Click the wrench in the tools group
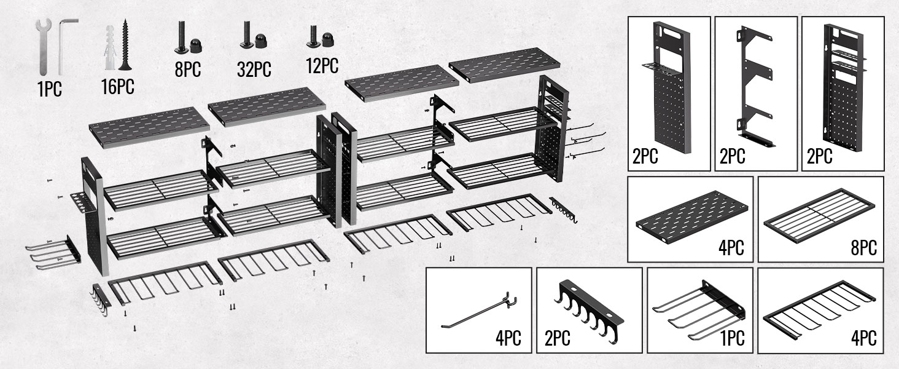tap(43, 46)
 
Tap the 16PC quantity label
tap(117, 87)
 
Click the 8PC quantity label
tap(188, 69)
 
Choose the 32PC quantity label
tap(254, 69)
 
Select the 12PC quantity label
tap(322, 66)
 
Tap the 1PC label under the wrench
tap(50, 89)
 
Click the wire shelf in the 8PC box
tap(819, 215)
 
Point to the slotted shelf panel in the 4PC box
tap(692, 216)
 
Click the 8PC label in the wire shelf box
tap(863, 248)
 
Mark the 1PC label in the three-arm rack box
tap(733, 338)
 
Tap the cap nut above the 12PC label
tap(327, 39)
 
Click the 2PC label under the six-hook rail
tap(557, 338)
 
